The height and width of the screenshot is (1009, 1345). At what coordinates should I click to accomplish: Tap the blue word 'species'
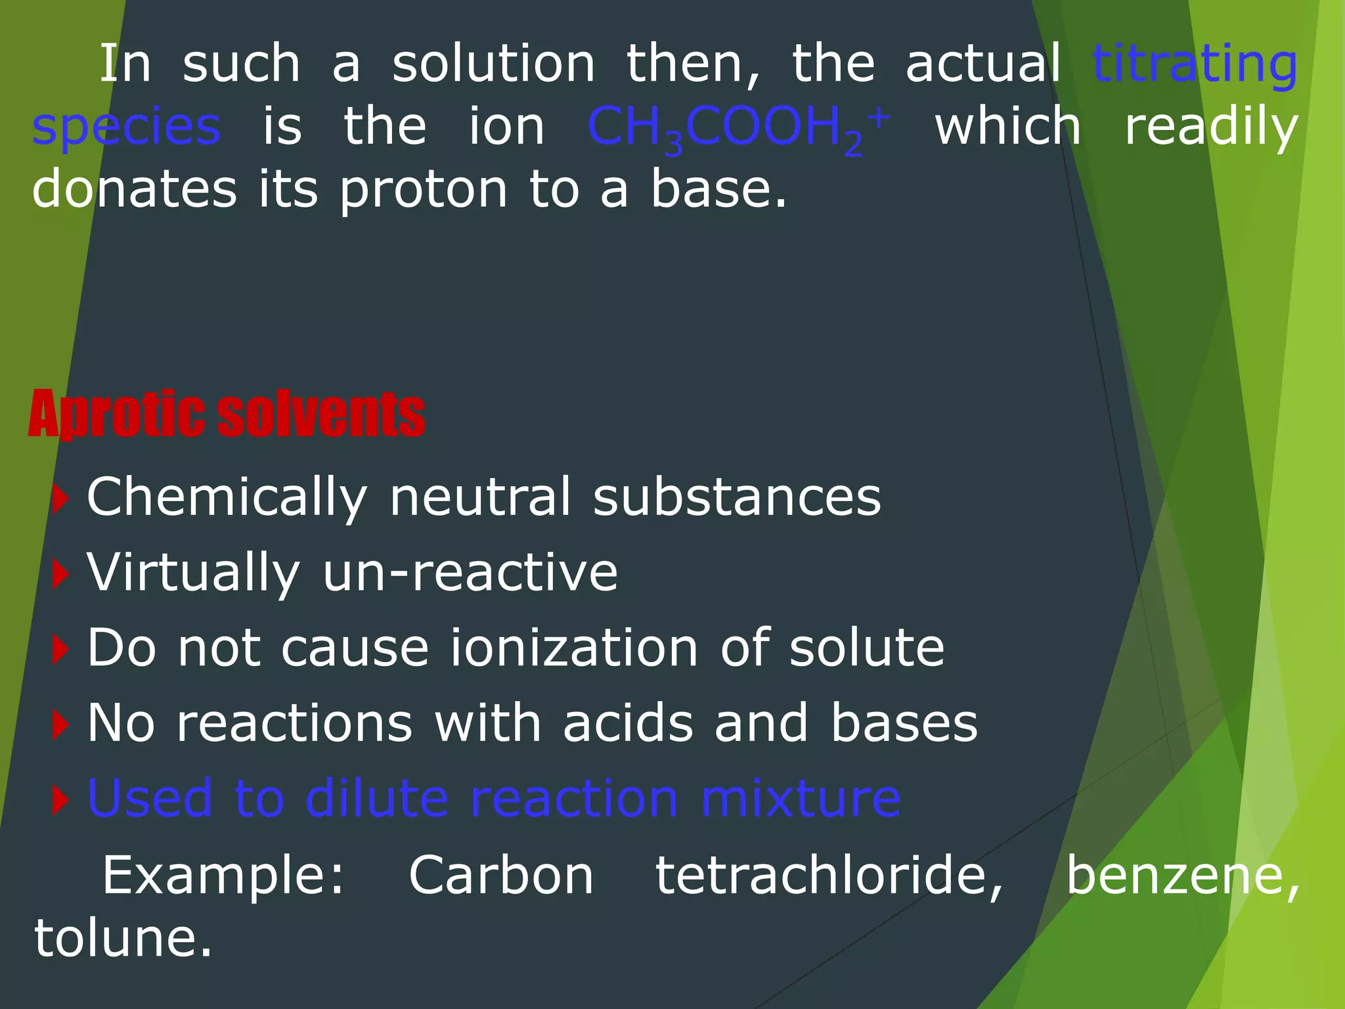[126, 127]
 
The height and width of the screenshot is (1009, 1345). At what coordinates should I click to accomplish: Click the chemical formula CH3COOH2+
[738, 127]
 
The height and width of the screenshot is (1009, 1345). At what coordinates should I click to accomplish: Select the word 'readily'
[1211, 127]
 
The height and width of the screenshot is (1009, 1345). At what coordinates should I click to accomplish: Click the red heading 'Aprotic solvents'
[227, 414]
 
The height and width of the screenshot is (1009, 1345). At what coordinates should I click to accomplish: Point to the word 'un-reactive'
[470, 573]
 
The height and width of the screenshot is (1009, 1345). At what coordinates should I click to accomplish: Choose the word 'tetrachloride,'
[830, 876]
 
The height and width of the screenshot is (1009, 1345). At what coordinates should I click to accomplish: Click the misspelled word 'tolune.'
[123, 938]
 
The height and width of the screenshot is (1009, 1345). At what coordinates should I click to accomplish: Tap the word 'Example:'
[223, 876]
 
